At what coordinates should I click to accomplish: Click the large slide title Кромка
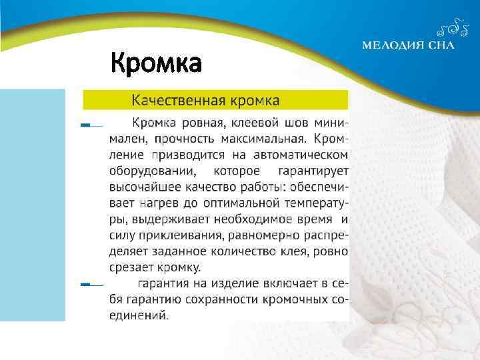click(x=155, y=64)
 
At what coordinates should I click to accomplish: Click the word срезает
click(x=131, y=268)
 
